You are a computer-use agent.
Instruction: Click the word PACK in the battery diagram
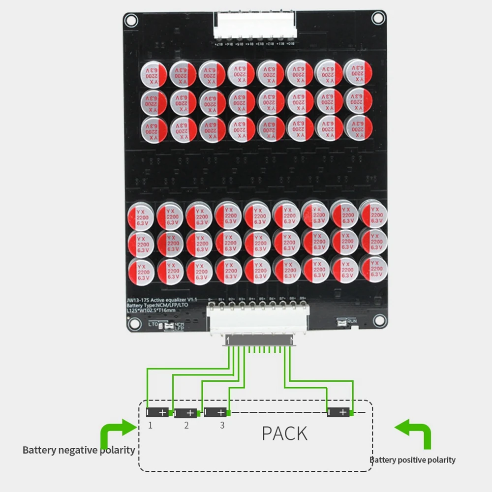point(284,433)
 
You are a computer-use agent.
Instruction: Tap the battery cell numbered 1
point(158,412)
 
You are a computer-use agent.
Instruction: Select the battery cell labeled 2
point(186,413)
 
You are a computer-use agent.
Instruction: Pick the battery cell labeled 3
point(215,412)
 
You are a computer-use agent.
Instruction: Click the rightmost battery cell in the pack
point(339,412)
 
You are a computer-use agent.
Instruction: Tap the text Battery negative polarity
point(79,450)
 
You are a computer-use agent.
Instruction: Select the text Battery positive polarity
point(413,460)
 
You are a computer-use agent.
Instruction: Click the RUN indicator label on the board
point(350,321)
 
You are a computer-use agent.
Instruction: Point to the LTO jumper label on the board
point(154,324)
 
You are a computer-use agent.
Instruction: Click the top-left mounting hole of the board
point(131,20)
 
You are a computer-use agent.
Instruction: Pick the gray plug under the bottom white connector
point(259,340)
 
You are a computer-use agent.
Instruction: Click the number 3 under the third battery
point(222,425)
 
